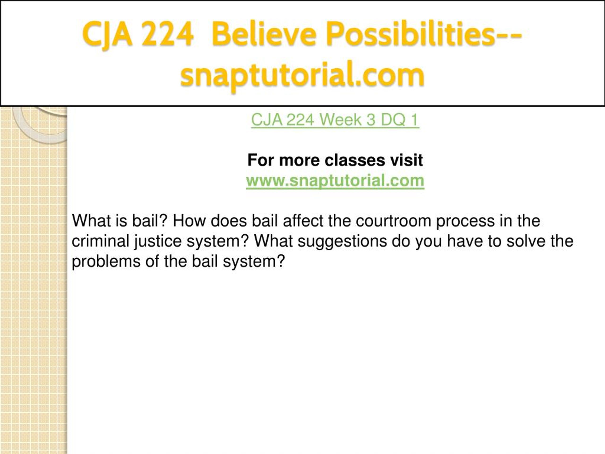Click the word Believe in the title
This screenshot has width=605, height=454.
click(264, 35)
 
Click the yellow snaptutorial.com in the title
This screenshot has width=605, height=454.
click(302, 75)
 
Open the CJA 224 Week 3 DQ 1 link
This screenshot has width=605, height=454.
click(335, 120)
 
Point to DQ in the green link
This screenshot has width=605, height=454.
click(393, 120)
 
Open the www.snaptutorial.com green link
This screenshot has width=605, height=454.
click(335, 181)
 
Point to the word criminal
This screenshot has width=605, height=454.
click(101, 241)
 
